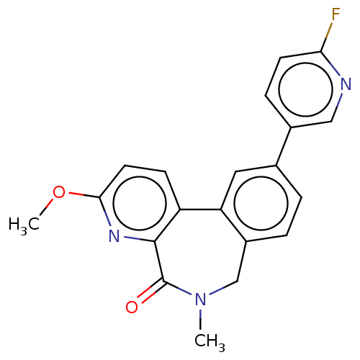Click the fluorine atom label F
(x=336, y=14)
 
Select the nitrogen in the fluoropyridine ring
(x=346, y=84)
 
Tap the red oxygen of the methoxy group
(x=59, y=192)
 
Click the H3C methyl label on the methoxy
(x=24, y=225)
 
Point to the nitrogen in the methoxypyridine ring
(x=114, y=235)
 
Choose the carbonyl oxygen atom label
(x=132, y=307)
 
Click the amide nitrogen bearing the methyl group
(x=200, y=300)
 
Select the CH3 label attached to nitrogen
(x=210, y=341)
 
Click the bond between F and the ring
(x=327, y=37)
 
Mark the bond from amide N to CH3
(x=200, y=319)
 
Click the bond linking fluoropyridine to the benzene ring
(x=284, y=146)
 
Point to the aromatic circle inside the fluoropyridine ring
(x=306, y=89)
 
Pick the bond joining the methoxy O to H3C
(x=46, y=207)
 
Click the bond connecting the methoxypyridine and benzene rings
(x=200, y=210)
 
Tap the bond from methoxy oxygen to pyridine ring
(x=84, y=195)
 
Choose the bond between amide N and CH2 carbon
(x=224, y=287)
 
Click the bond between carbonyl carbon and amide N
(x=177, y=287)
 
